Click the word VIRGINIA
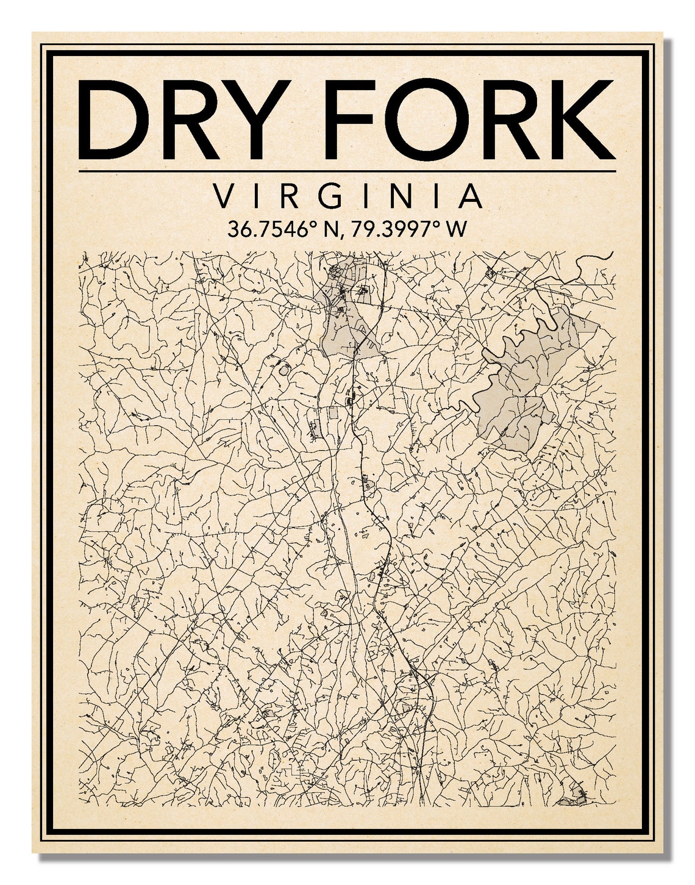coord(347,196)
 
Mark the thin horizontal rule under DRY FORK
coord(347,171)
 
